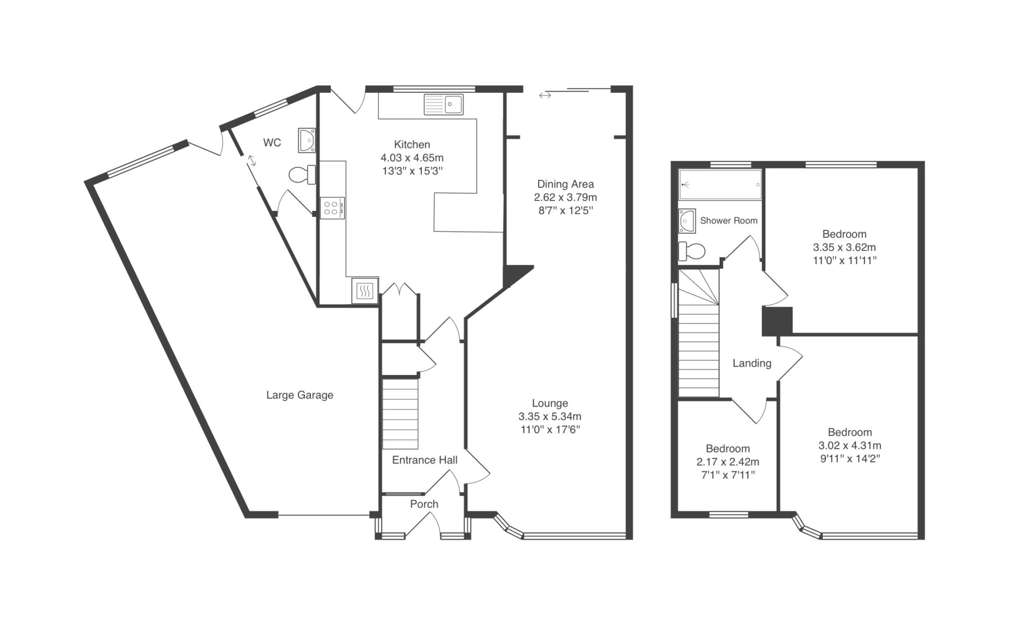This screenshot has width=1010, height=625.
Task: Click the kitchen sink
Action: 443,104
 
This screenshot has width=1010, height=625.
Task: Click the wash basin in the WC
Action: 307,140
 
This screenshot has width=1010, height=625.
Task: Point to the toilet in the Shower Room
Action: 691,251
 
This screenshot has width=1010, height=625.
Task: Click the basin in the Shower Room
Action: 687,221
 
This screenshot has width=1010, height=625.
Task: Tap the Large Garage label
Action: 300,395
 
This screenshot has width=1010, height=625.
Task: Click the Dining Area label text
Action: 565,184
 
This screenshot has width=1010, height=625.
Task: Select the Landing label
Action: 752,363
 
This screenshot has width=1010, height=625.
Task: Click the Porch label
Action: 424,504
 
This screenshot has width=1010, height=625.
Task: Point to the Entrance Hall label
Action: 425,460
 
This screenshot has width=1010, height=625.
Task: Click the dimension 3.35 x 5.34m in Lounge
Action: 550,417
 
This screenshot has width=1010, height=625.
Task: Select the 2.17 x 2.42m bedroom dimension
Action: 728,462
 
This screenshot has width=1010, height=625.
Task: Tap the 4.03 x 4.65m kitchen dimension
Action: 412,158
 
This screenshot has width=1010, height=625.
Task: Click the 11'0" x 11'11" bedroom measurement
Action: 845,260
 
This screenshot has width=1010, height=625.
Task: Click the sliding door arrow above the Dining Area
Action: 545,95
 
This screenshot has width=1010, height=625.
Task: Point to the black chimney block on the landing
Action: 777,321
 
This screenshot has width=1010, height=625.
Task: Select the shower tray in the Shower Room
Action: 720,185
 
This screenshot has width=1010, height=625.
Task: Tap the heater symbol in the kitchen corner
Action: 365,290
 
